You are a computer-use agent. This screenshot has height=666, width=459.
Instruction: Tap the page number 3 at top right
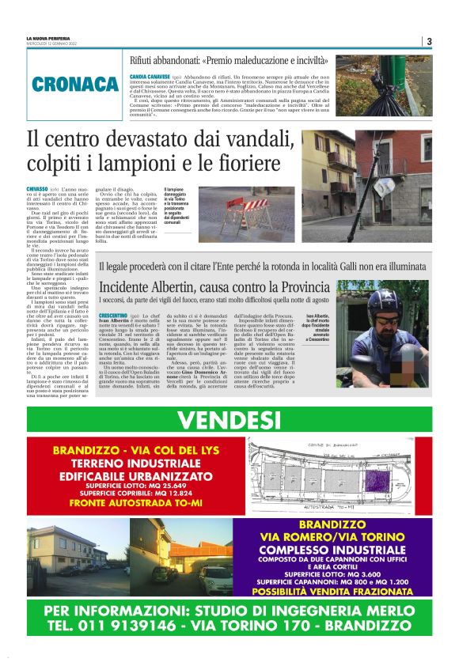click(427, 42)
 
